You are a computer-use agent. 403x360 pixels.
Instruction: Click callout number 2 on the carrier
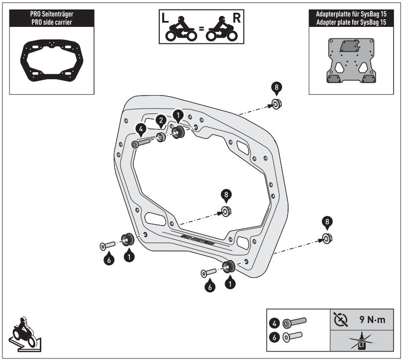(x=160, y=120)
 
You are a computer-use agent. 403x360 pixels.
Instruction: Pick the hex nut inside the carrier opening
(x=225, y=212)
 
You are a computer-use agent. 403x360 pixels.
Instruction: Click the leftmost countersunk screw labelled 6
(x=104, y=245)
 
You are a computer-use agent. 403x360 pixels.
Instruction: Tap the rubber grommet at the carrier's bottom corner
(x=228, y=267)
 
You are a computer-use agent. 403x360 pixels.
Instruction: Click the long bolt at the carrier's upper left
(x=142, y=143)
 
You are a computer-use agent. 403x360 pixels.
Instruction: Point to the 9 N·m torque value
(x=372, y=321)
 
